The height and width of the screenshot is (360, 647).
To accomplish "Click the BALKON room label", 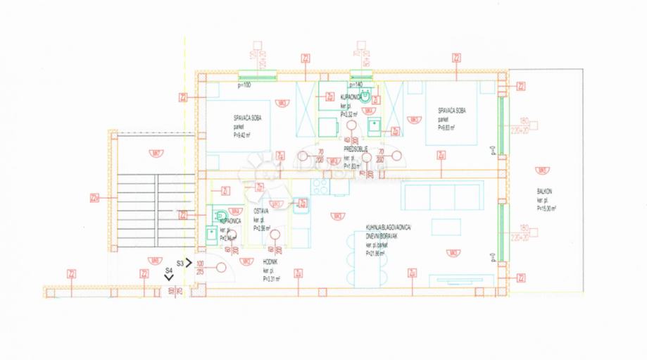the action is pyautogui.click(x=544, y=192).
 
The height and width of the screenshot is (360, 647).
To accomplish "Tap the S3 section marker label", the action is pyautogui.click(x=180, y=262).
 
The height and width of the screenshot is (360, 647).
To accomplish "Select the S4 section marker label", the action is pyautogui.click(x=168, y=270).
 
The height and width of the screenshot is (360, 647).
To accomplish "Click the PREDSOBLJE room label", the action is pyautogui.click(x=353, y=149).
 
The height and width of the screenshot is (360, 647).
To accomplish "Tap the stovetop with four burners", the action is pyautogui.click(x=320, y=187).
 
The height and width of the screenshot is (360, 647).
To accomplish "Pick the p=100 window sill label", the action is pyautogui.click(x=244, y=85).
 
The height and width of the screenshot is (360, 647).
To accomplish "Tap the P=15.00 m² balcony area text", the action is pyautogui.click(x=546, y=209).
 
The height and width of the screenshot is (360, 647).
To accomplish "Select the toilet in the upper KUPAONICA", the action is pyautogui.click(x=364, y=98).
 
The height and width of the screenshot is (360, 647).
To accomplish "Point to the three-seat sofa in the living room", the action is pyautogui.click(x=442, y=197).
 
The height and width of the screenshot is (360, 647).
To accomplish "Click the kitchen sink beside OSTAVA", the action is pyautogui.click(x=301, y=205).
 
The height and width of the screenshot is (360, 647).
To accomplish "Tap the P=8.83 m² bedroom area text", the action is pyautogui.click(x=446, y=128).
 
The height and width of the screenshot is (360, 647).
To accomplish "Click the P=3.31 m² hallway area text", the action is pyautogui.click(x=272, y=278).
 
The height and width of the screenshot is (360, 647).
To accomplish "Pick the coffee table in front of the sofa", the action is pyautogui.click(x=444, y=228).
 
